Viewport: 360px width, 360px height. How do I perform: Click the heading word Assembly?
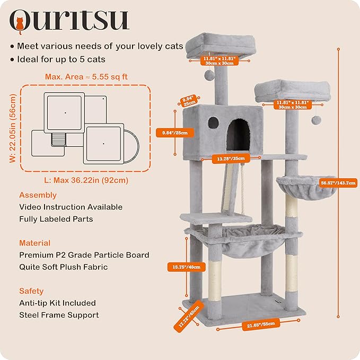click(38, 195)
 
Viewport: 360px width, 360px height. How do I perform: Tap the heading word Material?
click(35, 243)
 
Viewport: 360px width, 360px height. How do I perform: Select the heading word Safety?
click(31, 291)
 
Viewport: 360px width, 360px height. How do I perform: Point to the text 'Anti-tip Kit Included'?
click(57, 303)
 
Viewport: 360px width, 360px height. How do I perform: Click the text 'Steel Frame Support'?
click(59, 315)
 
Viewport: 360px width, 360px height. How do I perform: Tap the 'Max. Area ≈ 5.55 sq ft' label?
click(86, 77)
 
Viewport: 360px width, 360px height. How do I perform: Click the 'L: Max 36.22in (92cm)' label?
click(86, 180)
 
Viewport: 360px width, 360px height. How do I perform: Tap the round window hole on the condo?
click(213, 122)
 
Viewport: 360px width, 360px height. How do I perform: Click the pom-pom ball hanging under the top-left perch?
click(210, 76)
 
